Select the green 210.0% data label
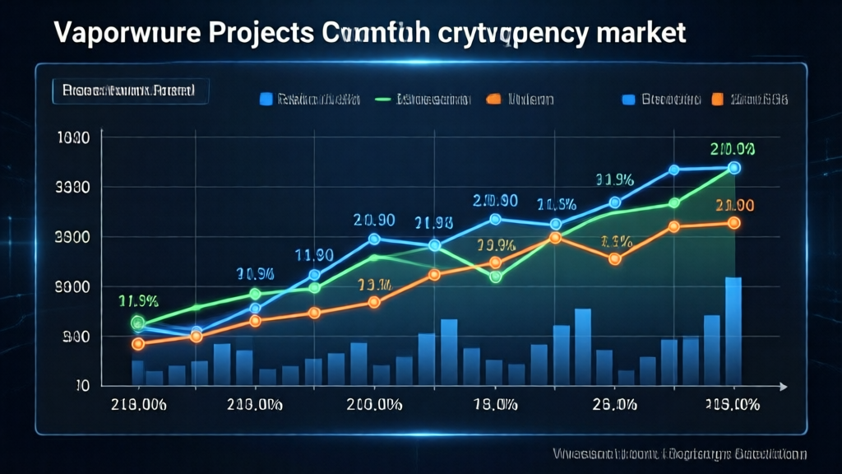click(x=733, y=149)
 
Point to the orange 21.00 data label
click(x=734, y=205)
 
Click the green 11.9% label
click(x=138, y=300)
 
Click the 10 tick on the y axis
click(x=81, y=385)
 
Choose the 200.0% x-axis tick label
click(x=374, y=404)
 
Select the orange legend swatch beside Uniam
click(x=493, y=100)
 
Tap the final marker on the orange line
click(x=733, y=222)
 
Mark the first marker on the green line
click(x=137, y=323)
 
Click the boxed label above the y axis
click(x=129, y=91)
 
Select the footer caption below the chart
click(x=679, y=453)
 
